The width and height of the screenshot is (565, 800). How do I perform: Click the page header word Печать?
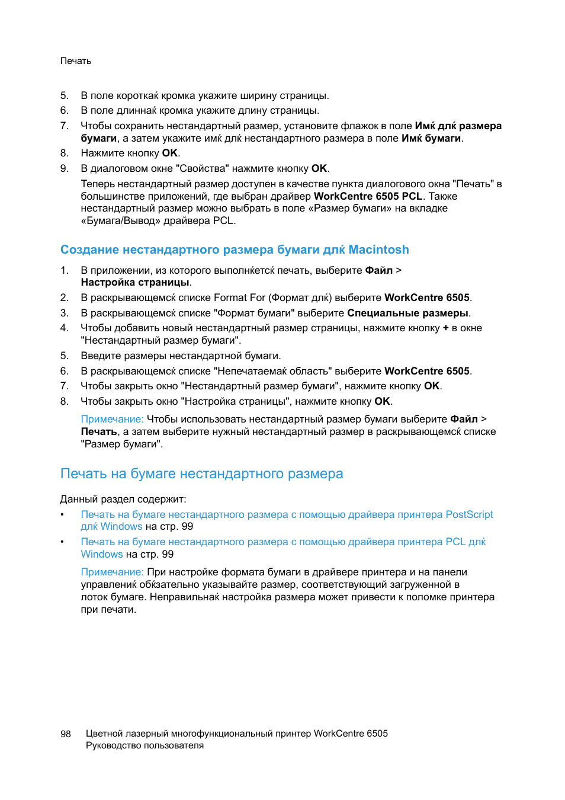[x=76, y=61]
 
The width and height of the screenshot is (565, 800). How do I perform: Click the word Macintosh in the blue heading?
[x=378, y=249]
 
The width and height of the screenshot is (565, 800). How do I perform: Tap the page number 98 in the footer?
[x=66, y=734]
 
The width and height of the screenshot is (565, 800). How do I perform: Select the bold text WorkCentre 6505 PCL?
[x=368, y=196]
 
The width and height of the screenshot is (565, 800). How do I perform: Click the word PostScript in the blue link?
[x=469, y=514]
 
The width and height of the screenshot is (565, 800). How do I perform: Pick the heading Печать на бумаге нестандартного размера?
[x=201, y=473]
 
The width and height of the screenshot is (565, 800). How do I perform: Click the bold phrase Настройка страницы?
[x=135, y=283]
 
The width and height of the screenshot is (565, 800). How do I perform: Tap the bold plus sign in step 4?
[x=445, y=328]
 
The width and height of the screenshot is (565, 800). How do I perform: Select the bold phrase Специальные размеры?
[x=407, y=313]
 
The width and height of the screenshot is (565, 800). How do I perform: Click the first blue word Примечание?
[x=112, y=419]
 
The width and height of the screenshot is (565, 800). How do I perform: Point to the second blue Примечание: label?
[x=112, y=572]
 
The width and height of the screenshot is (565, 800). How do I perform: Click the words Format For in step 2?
[x=239, y=297]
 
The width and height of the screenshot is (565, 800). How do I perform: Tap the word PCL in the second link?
[x=454, y=542]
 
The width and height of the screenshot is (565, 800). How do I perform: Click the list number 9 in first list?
[x=64, y=168]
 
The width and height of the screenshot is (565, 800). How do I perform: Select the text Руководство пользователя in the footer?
[x=145, y=745]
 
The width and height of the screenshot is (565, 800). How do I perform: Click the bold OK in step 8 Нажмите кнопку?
[x=170, y=153]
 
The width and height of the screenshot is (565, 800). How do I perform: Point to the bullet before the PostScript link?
[x=62, y=514]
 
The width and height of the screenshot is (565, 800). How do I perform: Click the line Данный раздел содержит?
[x=123, y=499]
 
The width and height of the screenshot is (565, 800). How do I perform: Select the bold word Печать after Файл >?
[x=98, y=431]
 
